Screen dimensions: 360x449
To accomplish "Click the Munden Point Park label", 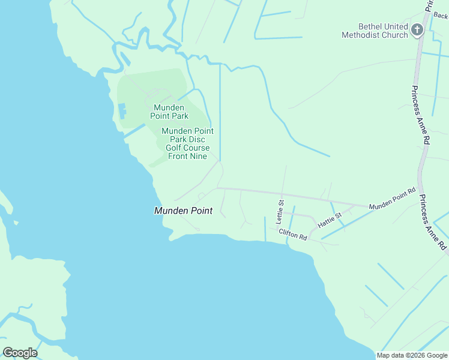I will pos(169,112).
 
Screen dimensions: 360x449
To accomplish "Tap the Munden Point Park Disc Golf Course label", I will pos(187,143).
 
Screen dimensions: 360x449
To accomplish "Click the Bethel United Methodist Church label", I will pos(375,31).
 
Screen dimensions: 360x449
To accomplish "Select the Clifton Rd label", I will pos(292,235).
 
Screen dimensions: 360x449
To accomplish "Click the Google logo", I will pos(20,353).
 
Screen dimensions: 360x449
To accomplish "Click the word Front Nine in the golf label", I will pos(187,157).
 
